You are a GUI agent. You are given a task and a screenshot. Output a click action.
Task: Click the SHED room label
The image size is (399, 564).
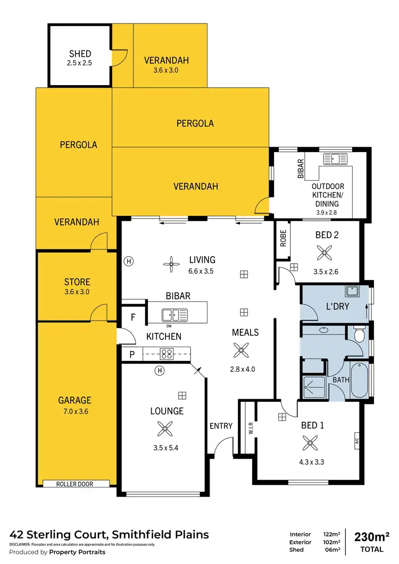80,54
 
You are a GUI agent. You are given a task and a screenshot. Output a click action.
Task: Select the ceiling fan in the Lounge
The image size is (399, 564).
165,428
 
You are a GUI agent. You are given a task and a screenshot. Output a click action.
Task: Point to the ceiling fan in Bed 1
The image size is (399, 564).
309,442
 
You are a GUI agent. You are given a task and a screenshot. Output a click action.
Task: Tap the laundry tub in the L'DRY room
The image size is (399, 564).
352,291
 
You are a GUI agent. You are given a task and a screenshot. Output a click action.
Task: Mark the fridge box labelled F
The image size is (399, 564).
133,317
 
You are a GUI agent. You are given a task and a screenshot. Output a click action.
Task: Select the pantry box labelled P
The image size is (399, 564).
132,355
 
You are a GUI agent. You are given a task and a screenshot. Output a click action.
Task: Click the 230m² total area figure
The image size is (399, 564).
372,536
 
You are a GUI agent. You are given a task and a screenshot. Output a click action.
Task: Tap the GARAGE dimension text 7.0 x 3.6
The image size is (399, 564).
75,410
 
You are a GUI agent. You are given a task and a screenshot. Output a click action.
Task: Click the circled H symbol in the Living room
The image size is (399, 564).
128,261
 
